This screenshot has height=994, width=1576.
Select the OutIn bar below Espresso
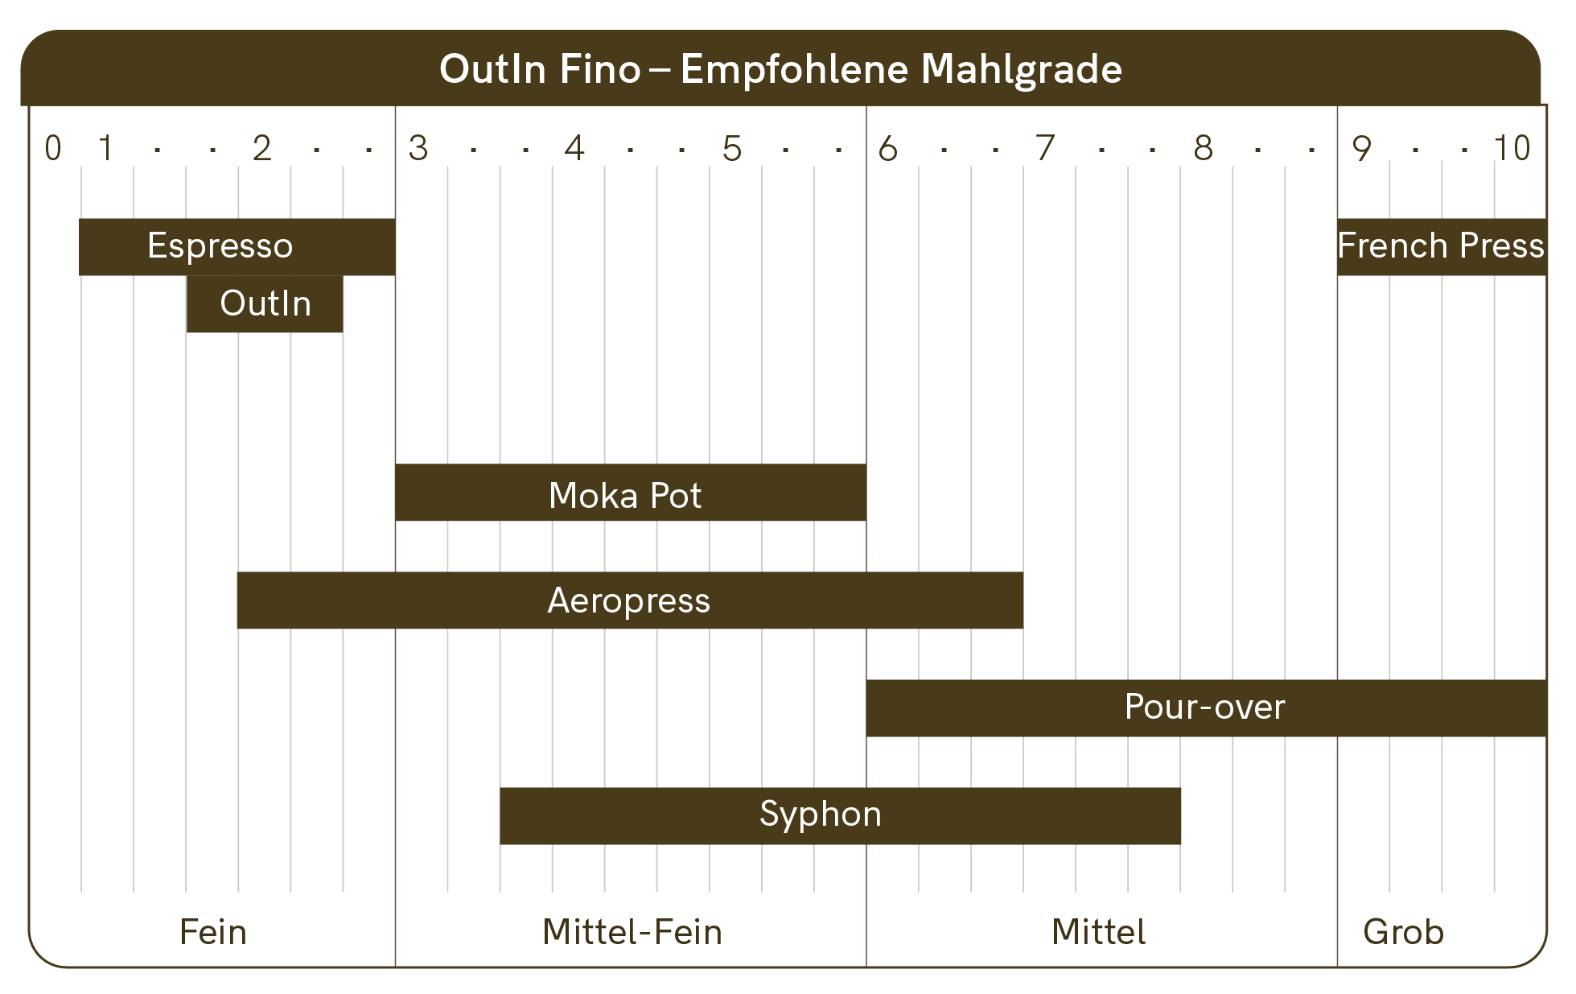[x=265, y=304]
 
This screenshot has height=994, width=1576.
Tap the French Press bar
[x=1441, y=246]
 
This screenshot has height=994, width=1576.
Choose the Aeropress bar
[x=629, y=600]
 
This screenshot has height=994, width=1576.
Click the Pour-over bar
[x=1205, y=707]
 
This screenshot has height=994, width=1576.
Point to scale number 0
[x=53, y=149]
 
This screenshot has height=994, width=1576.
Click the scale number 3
[x=418, y=149]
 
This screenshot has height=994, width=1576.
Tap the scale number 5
[x=731, y=149]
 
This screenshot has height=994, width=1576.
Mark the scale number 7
[x=1044, y=149]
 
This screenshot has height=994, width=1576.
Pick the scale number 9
[x=1361, y=149]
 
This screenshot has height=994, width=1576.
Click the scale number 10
[x=1512, y=149]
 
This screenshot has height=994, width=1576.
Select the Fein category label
[x=212, y=932]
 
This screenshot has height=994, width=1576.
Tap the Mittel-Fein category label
[x=632, y=932]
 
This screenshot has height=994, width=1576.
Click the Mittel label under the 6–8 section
[x=1099, y=932]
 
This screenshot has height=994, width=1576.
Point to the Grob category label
[x=1403, y=932]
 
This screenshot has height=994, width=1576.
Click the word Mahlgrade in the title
[x=1021, y=70]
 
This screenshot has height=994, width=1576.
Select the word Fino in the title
[x=600, y=69]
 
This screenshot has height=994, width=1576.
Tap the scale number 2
[x=261, y=149]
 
